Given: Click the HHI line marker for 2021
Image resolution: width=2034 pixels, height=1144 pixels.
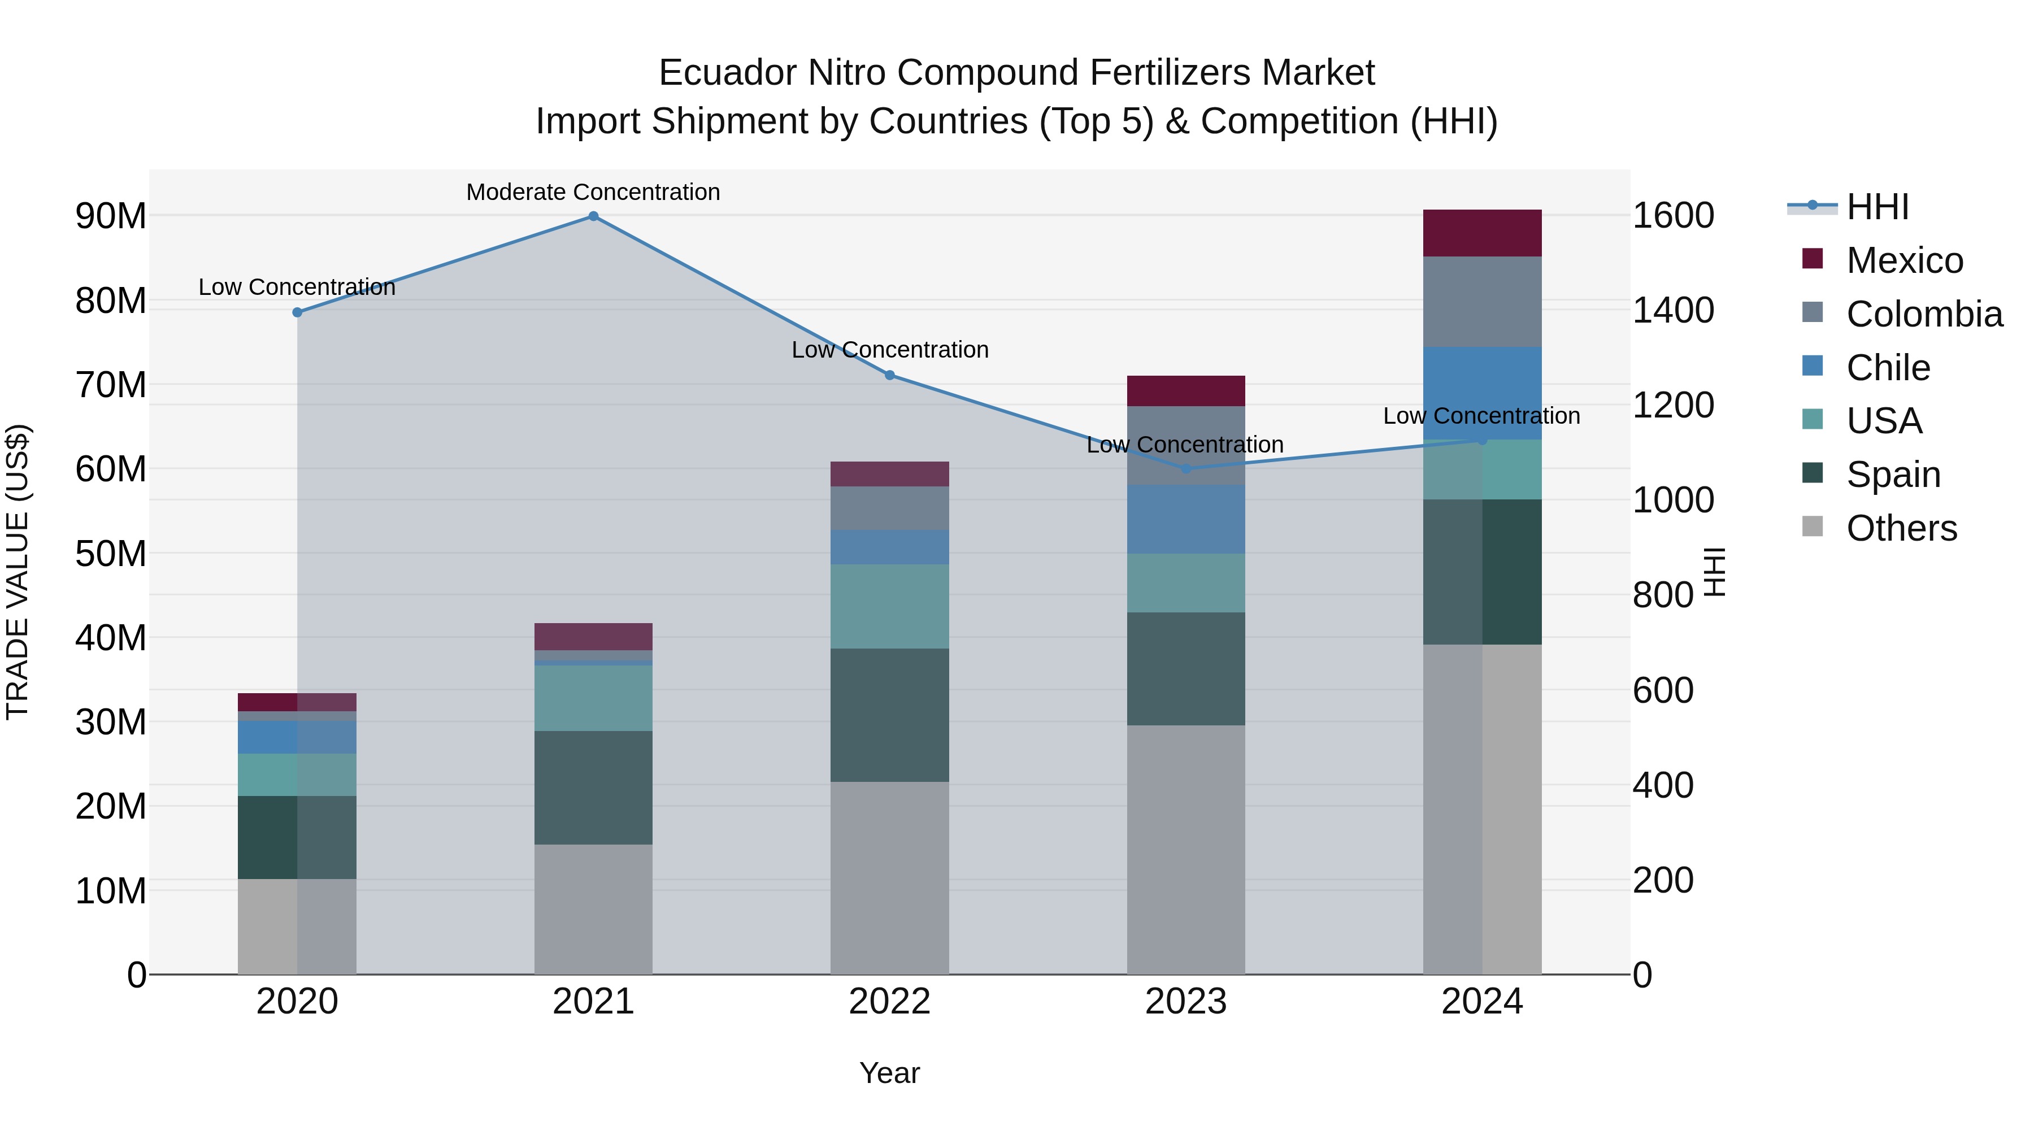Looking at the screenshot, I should pyautogui.click(x=593, y=216).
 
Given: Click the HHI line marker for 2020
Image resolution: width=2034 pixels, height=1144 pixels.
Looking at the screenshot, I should pyautogui.click(x=297, y=312).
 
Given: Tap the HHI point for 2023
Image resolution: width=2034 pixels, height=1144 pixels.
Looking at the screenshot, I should pyautogui.click(x=1186, y=469).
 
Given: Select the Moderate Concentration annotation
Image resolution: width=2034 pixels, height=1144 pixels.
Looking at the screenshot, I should pyautogui.click(x=593, y=192).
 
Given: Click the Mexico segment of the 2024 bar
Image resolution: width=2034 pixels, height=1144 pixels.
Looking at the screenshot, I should pyautogui.click(x=1482, y=233).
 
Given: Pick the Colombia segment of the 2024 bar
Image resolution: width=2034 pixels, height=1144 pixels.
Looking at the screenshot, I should pyautogui.click(x=1482, y=302).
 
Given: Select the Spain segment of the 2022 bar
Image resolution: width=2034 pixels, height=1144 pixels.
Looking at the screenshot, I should pyautogui.click(x=889, y=715).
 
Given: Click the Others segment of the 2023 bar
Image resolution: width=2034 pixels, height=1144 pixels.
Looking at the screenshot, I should pyautogui.click(x=1186, y=850).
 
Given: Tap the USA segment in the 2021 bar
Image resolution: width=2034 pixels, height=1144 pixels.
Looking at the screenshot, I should pyautogui.click(x=593, y=698).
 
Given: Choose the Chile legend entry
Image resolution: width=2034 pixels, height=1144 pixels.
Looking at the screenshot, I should pyautogui.click(x=1887, y=368).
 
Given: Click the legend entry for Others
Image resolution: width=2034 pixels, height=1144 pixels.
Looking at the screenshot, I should pyautogui.click(x=1901, y=528).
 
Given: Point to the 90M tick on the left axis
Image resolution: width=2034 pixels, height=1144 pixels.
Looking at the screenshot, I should pyautogui.click(x=111, y=216).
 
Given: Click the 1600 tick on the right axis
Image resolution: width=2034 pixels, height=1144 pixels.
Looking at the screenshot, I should pyautogui.click(x=1672, y=216).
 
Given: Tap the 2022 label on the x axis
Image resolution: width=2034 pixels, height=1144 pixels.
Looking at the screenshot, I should pyautogui.click(x=889, y=1002).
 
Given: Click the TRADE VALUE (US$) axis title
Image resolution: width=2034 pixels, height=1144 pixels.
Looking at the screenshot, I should pyautogui.click(x=18, y=572).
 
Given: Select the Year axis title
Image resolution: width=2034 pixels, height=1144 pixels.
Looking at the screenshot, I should pyautogui.click(x=889, y=1073).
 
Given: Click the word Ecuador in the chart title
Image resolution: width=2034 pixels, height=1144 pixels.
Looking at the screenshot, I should pyautogui.click(x=727, y=73).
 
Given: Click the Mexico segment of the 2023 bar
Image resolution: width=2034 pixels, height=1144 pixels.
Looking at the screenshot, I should pyautogui.click(x=1186, y=391).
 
